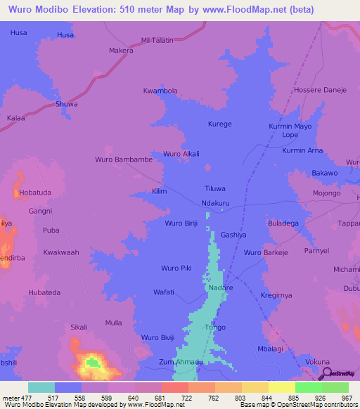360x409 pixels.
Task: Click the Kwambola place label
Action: [160, 91]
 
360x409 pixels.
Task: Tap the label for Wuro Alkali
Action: [181, 154]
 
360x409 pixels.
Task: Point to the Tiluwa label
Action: [214, 189]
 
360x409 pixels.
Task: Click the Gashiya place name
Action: [233, 235]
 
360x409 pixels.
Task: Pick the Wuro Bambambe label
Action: [124, 160]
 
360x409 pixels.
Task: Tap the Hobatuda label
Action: [35, 192]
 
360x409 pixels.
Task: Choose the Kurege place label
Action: [219, 124]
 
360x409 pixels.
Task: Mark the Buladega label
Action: [284, 223]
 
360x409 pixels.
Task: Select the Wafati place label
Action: [163, 291]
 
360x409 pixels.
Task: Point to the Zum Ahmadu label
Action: [181, 361]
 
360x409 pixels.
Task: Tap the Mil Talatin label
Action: [157, 41]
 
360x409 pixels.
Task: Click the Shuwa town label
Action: [67, 104]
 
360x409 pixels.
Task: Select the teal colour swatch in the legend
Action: [41, 387]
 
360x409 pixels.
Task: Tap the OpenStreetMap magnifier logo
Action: [326, 373]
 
